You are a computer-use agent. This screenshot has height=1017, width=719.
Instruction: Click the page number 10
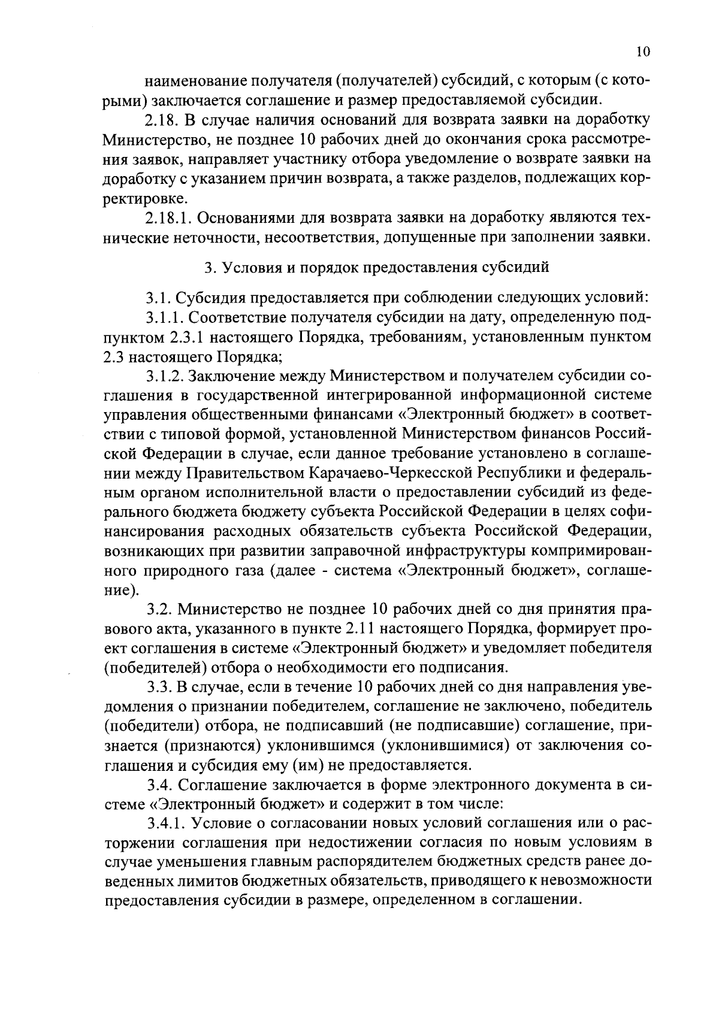pos(642,52)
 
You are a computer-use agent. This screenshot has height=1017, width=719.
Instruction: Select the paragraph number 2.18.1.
pos(168,216)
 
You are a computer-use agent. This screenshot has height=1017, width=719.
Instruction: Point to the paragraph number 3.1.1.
pos(165,317)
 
